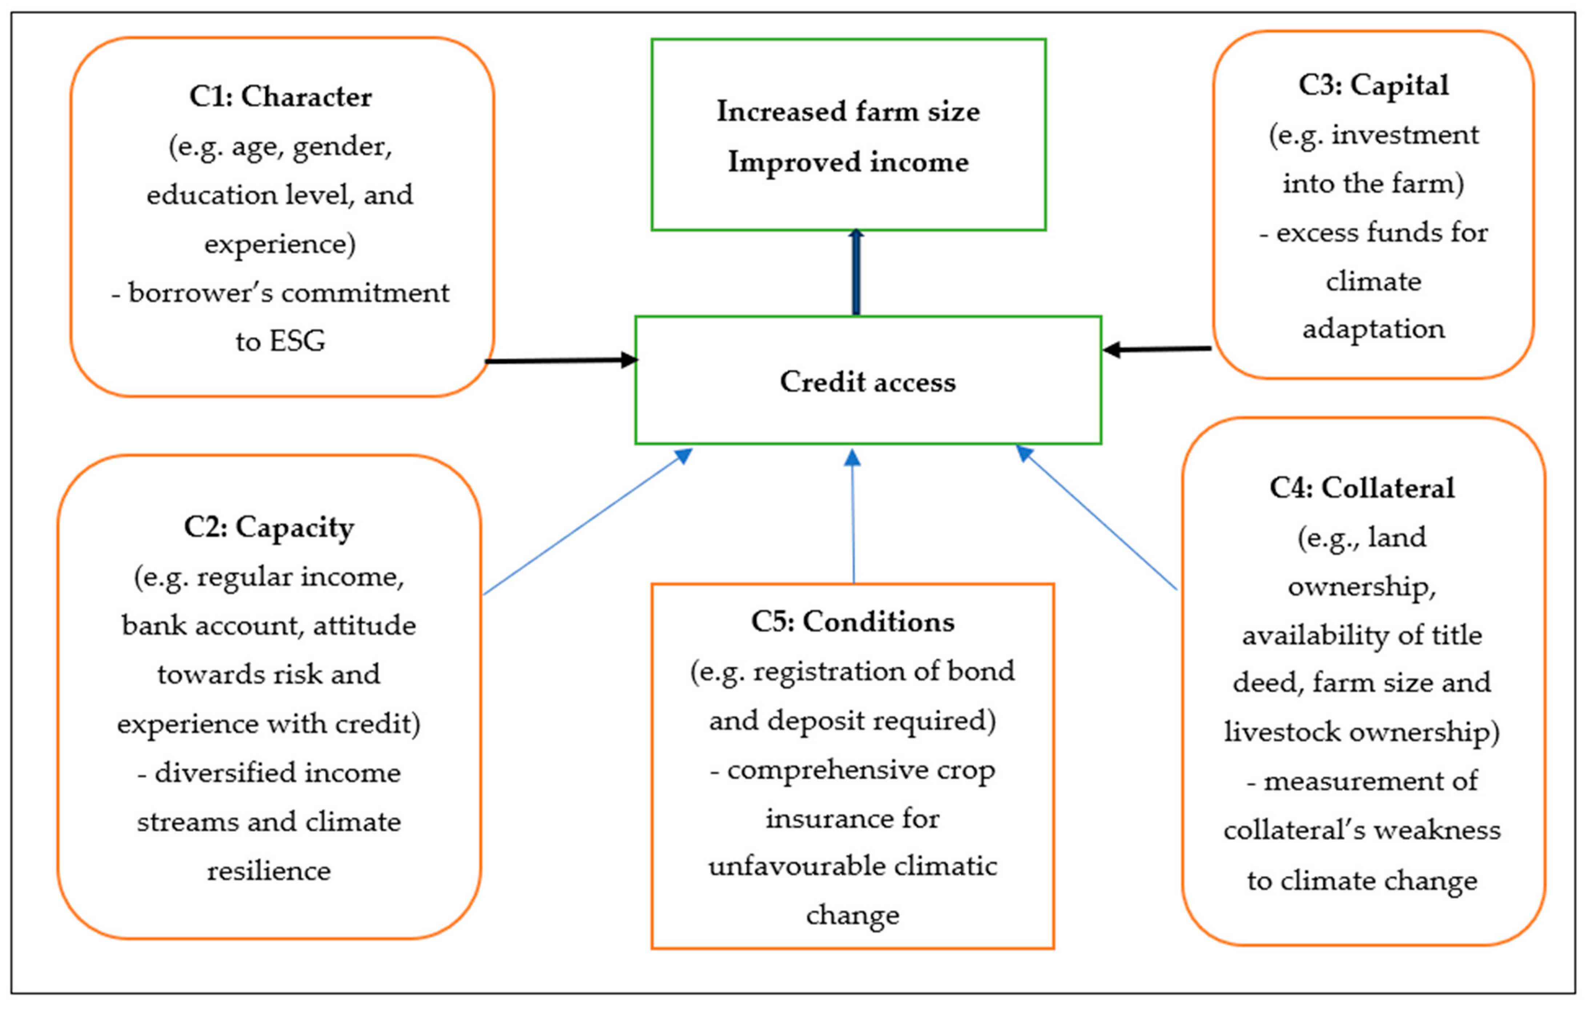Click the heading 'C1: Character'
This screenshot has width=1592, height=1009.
pos(280,97)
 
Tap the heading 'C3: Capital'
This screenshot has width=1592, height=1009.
pos(1373,86)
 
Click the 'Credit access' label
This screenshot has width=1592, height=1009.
pos(867,382)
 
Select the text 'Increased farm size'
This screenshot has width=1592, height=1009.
pos(848,111)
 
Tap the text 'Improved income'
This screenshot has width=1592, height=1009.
pos(848,162)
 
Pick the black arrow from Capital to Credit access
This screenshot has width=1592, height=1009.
pos(1157,349)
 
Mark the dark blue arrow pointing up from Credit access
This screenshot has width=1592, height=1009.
pos(856,272)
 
